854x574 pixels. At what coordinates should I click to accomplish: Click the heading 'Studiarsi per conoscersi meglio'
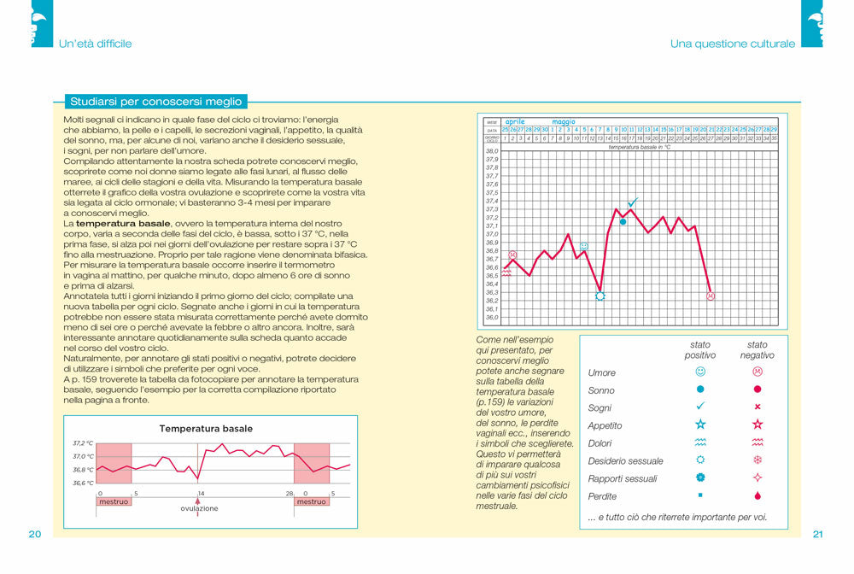(155, 101)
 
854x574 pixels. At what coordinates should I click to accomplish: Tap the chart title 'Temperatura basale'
(206, 429)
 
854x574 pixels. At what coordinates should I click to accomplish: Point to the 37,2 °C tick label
(83, 443)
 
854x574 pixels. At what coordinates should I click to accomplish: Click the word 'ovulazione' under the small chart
(199, 508)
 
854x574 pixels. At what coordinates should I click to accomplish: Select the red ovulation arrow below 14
(199, 501)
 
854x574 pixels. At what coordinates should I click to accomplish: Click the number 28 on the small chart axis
(290, 494)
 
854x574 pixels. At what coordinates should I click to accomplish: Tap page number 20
(34, 535)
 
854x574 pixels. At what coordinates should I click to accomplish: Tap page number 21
(817, 535)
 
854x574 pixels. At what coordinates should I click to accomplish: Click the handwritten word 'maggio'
(564, 122)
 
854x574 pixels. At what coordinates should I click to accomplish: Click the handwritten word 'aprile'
(515, 122)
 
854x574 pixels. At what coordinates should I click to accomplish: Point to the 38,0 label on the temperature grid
(491, 151)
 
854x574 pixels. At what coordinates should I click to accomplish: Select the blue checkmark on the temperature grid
(632, 202)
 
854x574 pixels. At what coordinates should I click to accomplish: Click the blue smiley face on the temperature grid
(584, 246)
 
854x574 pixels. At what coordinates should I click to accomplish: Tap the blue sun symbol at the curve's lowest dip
(600, 296)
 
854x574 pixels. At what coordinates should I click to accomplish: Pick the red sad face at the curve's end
(711, 296)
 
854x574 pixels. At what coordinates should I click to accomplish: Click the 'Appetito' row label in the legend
(605, 425)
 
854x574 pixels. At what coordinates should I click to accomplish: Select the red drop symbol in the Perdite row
(757, 495)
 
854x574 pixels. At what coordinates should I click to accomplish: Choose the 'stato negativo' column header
(757, 350)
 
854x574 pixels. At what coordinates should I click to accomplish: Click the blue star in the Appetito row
(700, 425)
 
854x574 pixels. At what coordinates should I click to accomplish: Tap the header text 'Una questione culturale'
(732, 44)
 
